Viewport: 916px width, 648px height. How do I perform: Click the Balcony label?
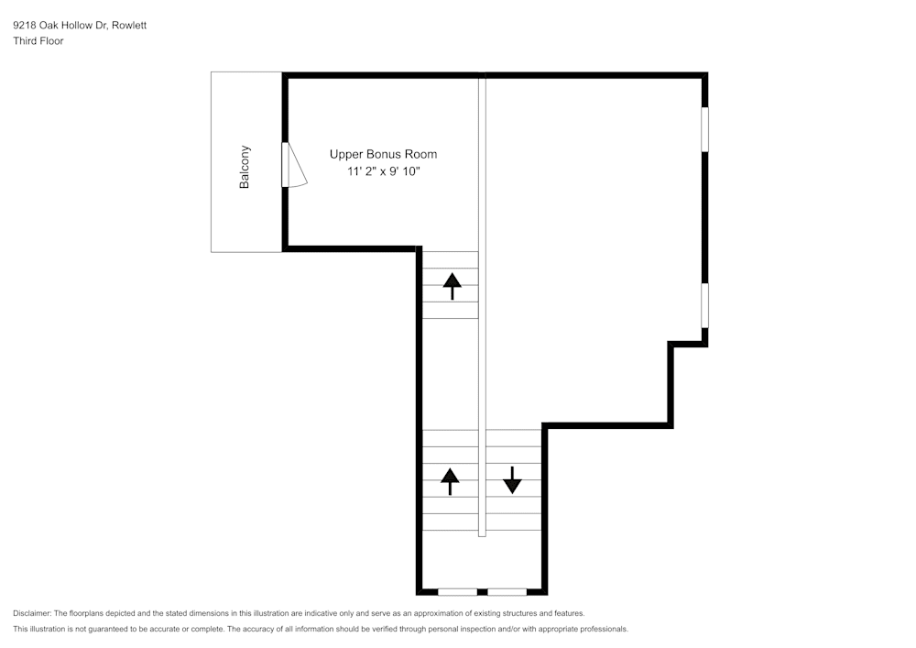(245, 167)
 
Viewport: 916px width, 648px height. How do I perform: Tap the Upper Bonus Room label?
(383, 154)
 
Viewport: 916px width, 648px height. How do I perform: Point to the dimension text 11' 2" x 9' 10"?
(384, 171)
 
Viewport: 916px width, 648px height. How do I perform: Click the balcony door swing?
(296, 165)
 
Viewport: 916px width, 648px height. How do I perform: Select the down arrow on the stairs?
(512, 480)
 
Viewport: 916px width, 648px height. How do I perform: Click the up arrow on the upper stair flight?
(453, 286)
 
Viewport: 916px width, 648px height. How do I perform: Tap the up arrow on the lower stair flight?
(450, 481)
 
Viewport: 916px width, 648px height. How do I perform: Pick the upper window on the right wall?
(704, 129)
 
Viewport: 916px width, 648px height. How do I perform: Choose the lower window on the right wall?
(704, 305)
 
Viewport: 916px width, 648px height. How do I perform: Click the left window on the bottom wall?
(457, 592)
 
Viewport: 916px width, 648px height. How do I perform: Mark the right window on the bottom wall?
(507, 592)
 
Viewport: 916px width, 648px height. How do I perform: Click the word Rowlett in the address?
(129, 25)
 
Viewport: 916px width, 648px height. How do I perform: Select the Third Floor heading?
(38, 41)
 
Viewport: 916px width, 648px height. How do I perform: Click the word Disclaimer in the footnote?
(32, 613)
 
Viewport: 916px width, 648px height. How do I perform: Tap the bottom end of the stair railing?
(482, 536)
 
